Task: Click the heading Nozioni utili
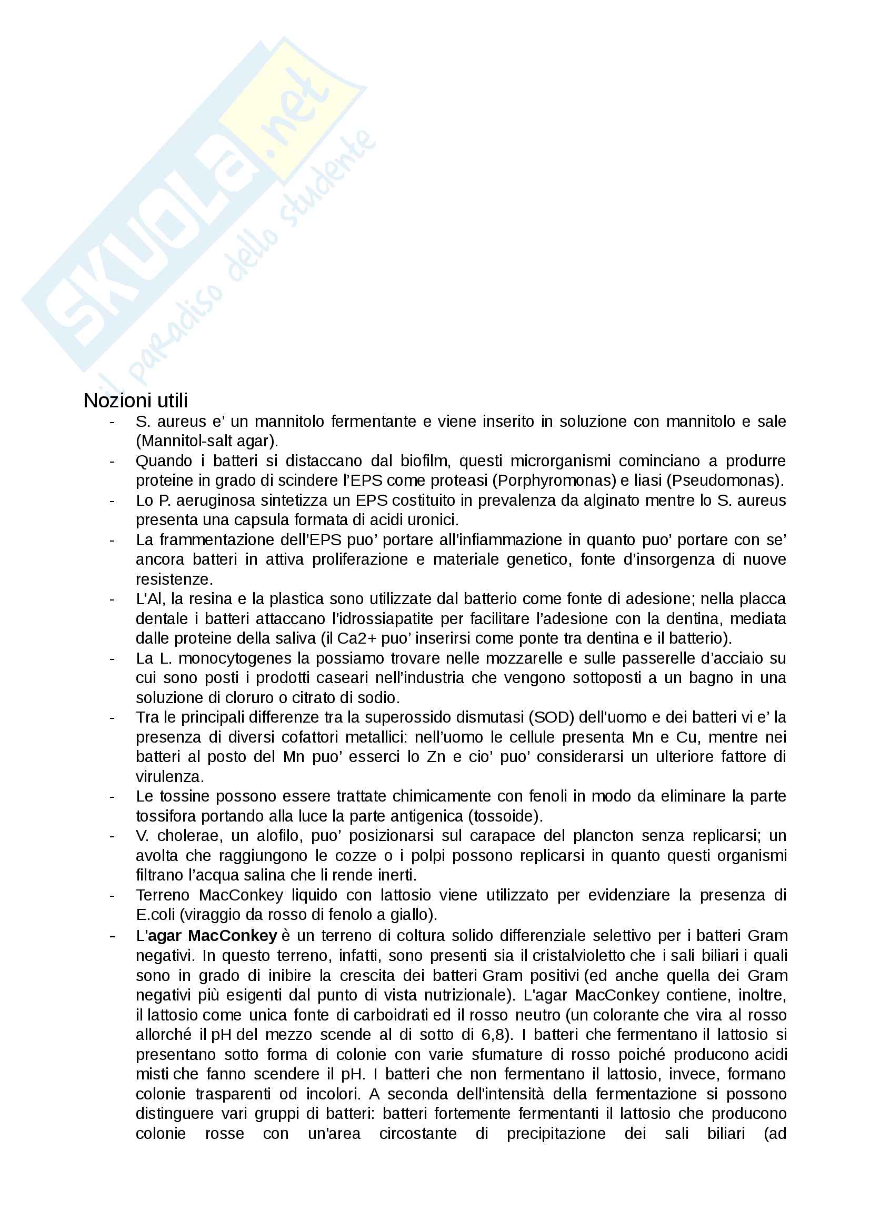[136, 401]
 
